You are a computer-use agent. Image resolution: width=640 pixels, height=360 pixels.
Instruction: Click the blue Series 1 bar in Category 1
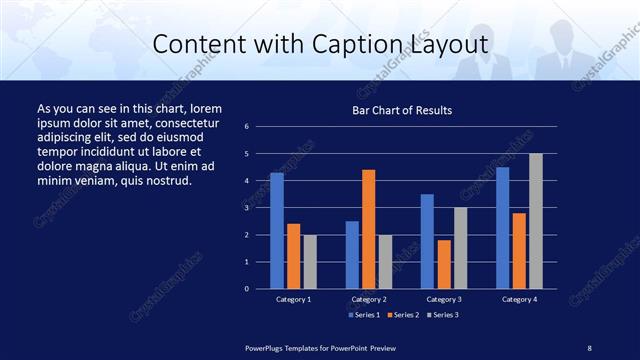277,231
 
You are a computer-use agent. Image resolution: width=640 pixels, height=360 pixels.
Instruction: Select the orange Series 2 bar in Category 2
368,229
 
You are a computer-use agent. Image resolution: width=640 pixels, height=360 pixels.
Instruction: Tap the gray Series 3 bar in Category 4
536,221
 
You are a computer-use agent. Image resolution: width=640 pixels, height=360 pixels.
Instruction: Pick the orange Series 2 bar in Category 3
444,264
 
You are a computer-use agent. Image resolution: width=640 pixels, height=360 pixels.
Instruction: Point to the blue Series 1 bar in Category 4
502,228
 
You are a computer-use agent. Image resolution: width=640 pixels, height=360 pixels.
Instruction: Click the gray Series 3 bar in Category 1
310,262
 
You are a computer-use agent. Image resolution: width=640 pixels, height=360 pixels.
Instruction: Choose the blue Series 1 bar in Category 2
352,255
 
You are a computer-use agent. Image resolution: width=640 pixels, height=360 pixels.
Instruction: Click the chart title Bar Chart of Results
402,110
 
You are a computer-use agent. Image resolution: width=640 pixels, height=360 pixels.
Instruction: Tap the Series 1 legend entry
364,315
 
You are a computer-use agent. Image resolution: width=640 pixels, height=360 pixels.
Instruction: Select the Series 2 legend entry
403,315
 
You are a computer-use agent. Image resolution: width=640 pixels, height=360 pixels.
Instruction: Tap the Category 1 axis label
294,299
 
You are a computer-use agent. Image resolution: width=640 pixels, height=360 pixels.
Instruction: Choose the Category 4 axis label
519,299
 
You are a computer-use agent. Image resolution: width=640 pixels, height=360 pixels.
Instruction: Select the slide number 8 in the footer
589,347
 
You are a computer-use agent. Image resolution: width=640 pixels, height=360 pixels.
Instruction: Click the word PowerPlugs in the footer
267,347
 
